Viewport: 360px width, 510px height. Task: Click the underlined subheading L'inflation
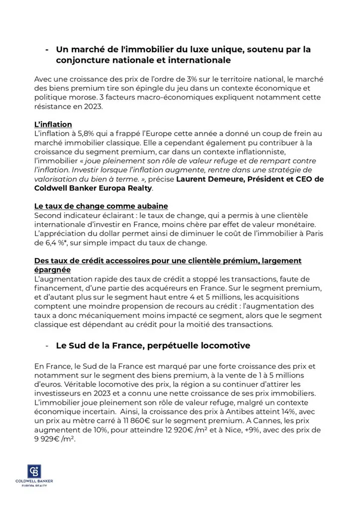point(53,124)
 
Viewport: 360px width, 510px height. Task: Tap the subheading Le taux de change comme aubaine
point(101,206)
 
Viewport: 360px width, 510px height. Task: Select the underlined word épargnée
point(52,269)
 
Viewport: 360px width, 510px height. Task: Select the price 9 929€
point(48,439)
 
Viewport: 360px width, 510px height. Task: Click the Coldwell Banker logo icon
point(34,471)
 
